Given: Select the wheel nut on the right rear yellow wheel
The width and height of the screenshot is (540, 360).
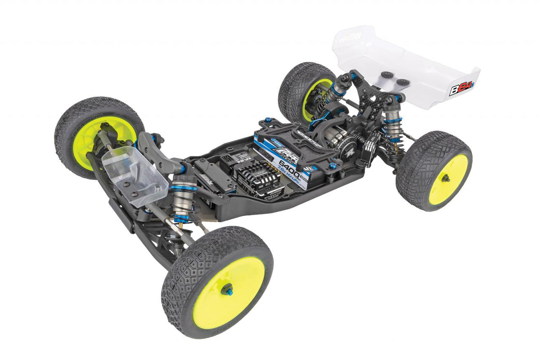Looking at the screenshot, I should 445,179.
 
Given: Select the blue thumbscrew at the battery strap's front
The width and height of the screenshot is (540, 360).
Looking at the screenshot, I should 269,121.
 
